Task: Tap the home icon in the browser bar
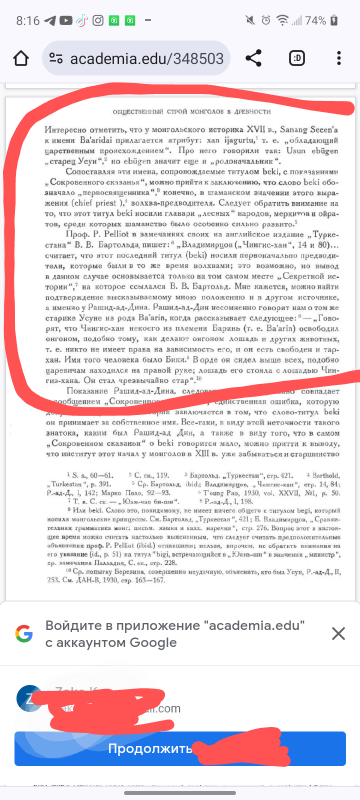[21, 58]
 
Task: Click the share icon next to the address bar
[253, 58]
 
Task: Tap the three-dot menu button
[339, 58]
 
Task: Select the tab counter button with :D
[297, 58]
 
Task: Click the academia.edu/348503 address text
[146, 59]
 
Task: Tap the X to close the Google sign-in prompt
[338, 633]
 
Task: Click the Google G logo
[24, 633]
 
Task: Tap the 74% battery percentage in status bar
[315, 20]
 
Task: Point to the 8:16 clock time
[27, 20]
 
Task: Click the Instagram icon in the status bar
[98, 20]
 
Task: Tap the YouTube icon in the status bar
[66, 20]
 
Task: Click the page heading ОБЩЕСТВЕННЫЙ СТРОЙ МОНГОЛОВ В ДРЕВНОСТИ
[191, 111]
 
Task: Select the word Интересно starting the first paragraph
[65, 129]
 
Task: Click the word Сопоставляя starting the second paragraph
[89, 171]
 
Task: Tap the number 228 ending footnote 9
[170, 562]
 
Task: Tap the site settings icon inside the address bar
[56, 58]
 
